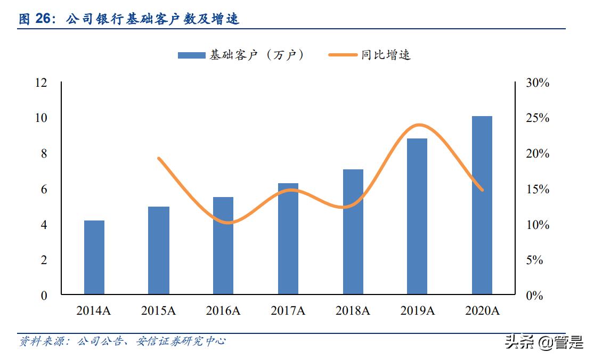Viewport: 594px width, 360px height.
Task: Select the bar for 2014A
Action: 94,257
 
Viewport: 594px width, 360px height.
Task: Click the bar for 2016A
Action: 223,246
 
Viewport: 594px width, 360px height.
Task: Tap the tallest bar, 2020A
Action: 482,205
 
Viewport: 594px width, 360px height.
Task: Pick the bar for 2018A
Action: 353,232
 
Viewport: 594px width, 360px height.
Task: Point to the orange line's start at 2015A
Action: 159,158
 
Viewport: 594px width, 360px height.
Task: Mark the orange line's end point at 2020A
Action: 482,190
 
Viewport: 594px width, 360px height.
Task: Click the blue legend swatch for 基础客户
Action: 191,55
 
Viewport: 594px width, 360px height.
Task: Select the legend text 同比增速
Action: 386,55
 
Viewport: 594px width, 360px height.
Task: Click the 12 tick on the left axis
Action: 41,83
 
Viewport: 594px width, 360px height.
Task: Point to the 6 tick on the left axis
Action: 44,189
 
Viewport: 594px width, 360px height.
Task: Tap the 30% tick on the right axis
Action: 537,83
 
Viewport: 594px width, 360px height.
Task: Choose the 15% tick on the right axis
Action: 537,189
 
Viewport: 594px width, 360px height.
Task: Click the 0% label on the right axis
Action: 534,296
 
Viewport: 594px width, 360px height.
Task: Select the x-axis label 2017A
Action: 288,311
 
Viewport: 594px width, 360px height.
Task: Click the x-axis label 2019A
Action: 417,311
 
